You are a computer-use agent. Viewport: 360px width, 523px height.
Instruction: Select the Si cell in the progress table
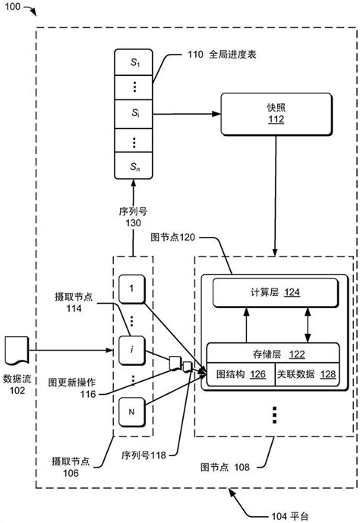point(133,115)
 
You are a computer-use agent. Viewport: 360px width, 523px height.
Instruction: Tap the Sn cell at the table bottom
point(133,164)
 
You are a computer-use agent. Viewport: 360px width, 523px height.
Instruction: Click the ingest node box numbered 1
point(131,289)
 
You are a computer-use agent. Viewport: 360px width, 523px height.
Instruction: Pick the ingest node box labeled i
point(131,350)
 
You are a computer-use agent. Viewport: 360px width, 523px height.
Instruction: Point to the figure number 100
point(15,8)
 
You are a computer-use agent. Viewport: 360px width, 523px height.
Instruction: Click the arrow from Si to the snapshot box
point(186,115)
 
